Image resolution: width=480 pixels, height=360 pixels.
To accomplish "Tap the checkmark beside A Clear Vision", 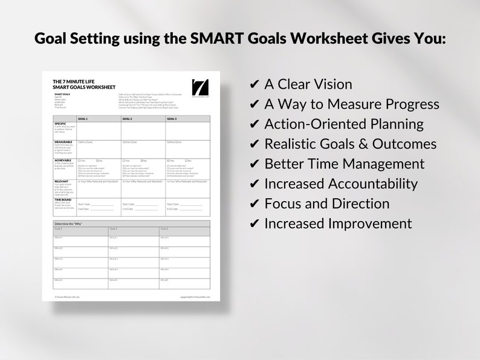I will (254, 85).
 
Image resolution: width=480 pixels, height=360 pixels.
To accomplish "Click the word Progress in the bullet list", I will (408, 104).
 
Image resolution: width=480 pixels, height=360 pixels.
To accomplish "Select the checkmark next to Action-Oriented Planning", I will (254, 125).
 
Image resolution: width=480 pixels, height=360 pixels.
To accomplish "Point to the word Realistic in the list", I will (294, 144).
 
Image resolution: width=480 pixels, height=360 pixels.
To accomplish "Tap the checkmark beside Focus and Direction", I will (254, 204).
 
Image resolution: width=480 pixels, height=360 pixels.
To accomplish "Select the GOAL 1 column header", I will (83, 119).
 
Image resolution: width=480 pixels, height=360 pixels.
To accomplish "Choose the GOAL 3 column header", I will (172, 119).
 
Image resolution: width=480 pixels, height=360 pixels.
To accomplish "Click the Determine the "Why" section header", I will (68, 224).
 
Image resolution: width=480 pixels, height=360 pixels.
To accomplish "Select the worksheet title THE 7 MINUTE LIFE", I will (71, 80).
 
